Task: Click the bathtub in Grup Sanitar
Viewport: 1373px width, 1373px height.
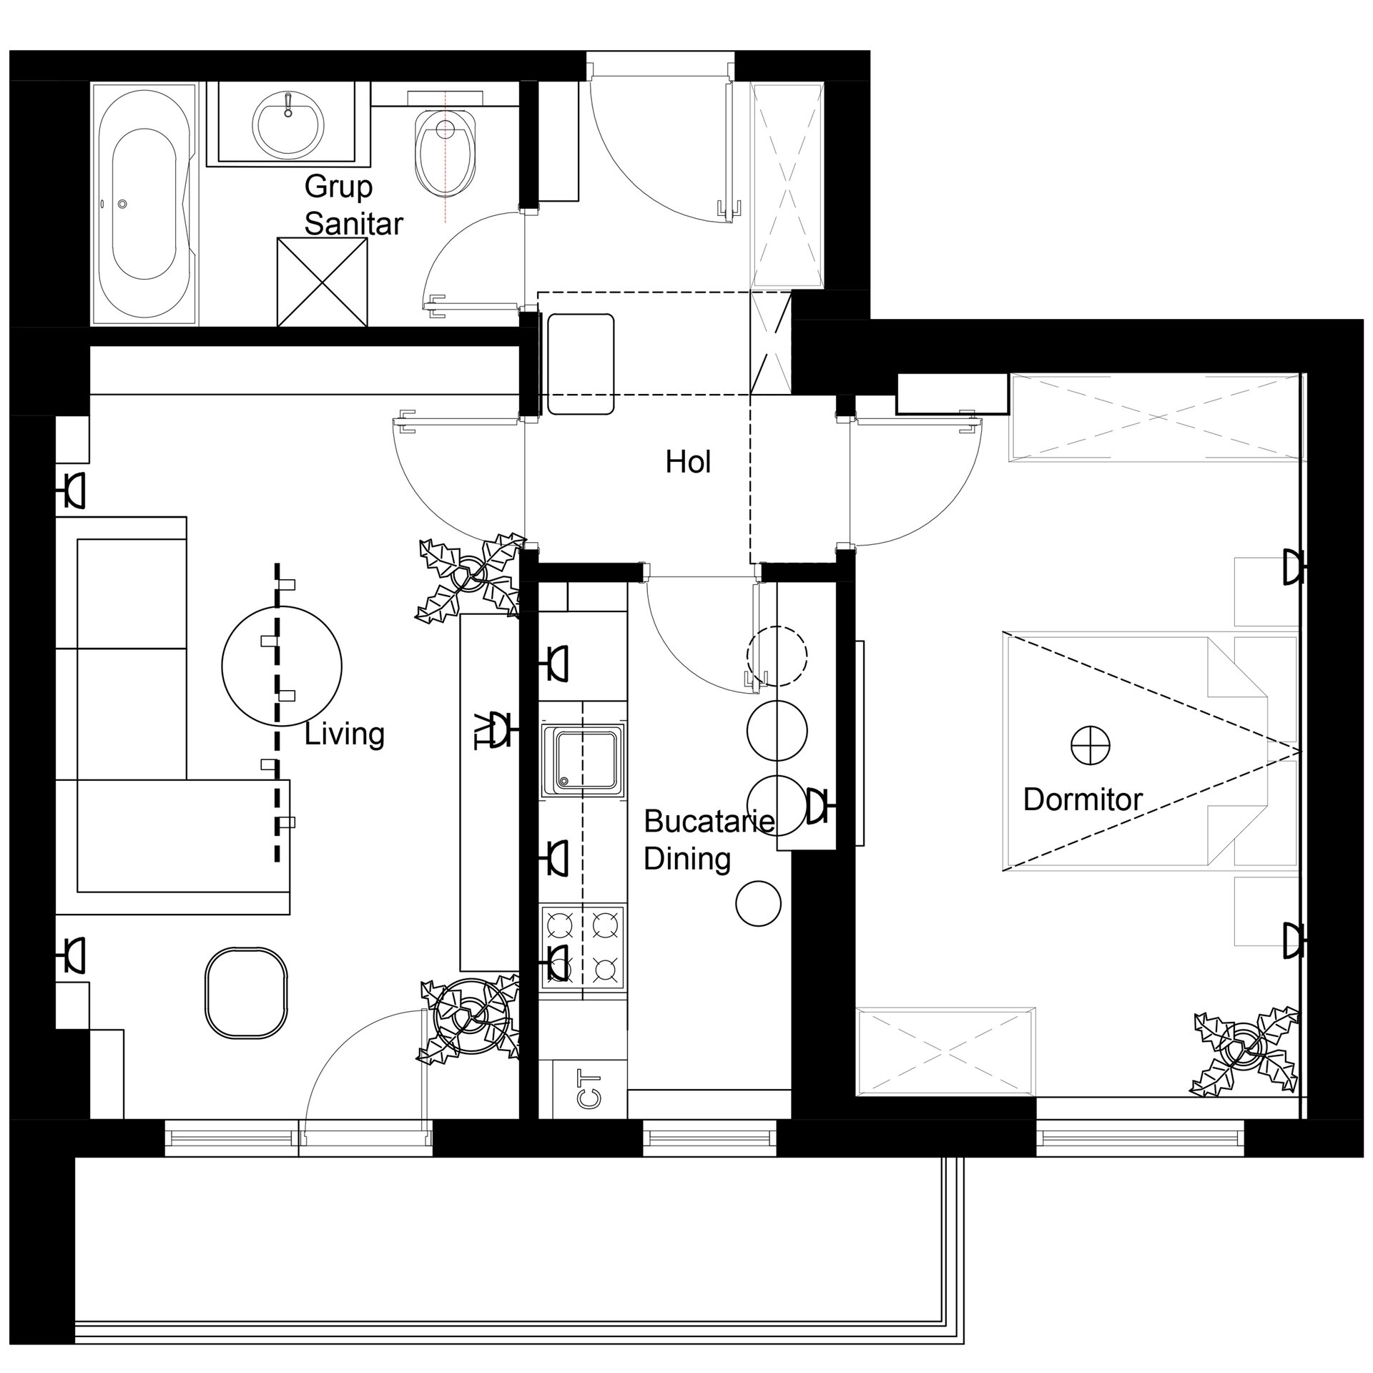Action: [144, 205]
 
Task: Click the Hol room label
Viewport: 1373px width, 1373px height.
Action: [688, 462]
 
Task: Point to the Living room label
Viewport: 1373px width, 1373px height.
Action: [345, 734]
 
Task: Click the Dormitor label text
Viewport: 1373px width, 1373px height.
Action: [1083, 799]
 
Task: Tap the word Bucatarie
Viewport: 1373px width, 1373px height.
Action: [709, 821]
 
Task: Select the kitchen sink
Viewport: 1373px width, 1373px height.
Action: [582, 759]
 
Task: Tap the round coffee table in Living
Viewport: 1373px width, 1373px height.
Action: [282, 666]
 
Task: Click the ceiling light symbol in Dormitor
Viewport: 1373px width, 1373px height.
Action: [1090, 746]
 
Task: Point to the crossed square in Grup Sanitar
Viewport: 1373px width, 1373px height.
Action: [322, 282]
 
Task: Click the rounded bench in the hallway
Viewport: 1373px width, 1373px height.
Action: [581, 363]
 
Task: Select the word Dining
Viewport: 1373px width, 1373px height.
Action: [687, 859]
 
